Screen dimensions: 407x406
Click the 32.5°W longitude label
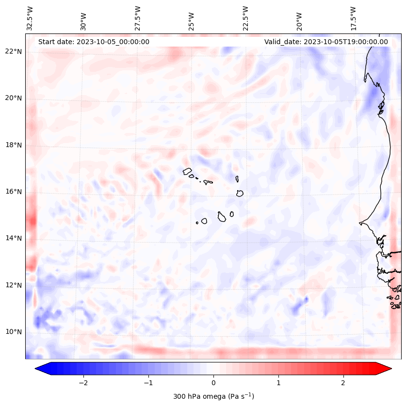click(x=30, y=18)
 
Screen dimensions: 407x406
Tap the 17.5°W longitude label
click(x=353, y=18)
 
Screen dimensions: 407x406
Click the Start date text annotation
click(x=94, y=42)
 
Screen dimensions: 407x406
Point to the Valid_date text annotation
click(x=326, y=42)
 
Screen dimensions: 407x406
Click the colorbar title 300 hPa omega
click(x=213, y=396)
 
